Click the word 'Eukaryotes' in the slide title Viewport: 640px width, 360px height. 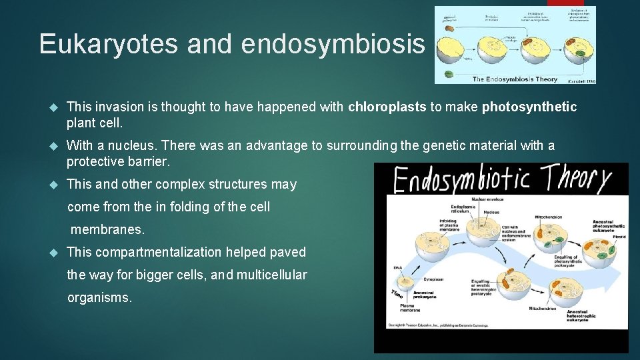(x=109, y=44)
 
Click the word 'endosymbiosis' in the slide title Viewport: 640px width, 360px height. (x=333, y=44)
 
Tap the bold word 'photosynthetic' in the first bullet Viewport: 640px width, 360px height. (x=529, y=107)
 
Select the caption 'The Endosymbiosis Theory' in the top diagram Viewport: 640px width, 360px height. (x=515, y=79)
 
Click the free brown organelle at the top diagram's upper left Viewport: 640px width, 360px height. (x=449, y=29)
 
